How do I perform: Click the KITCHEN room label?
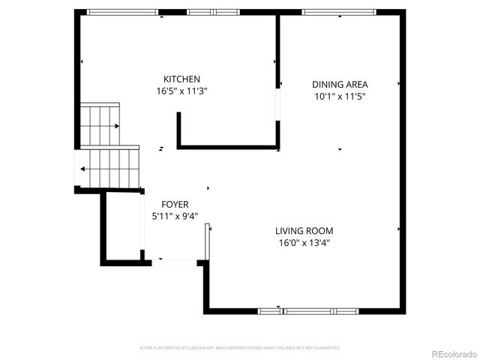(x=181, y=79)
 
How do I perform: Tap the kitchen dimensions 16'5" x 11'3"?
(x=181, y=91)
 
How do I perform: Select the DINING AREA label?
(x=340, y=84)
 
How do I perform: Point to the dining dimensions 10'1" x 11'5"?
(x=340, y=96)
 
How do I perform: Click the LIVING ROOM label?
(x=304, y=231)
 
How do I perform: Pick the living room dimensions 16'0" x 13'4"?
(x=304, y=243)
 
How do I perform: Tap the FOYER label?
(x=175, y=204)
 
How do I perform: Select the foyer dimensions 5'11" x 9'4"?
(x=175, y=216)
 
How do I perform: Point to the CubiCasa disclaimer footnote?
(x=240, y=348)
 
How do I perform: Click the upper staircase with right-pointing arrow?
(x=100, y=125)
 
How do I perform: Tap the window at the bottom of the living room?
(x=308, y=310)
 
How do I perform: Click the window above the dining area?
(x=334, y=13)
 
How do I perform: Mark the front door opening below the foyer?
(x=175, y=262)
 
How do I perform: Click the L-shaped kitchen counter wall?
(x=225, y=146)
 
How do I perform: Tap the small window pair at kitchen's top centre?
(x=213, y=13)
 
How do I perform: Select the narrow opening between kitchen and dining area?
(x=277, y=105)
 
